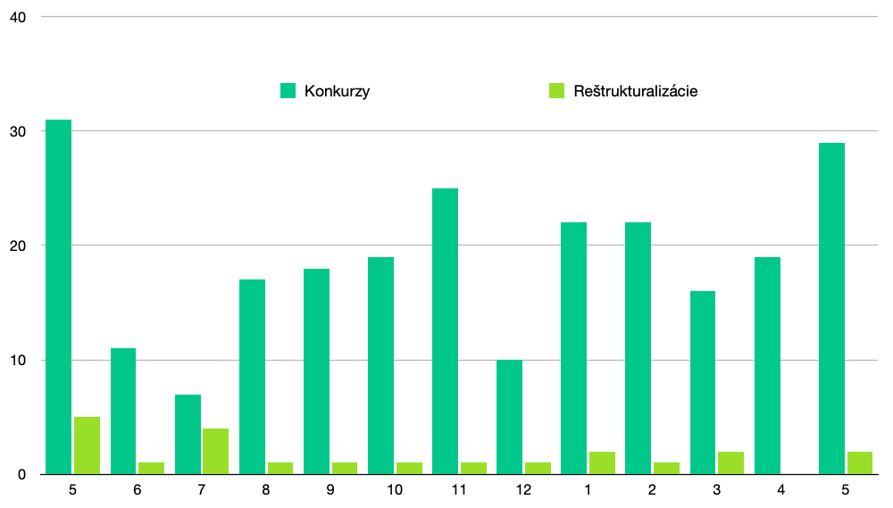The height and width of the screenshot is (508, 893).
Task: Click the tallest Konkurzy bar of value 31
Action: pos(59,296)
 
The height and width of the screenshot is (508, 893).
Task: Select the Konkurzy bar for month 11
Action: pos(446,331)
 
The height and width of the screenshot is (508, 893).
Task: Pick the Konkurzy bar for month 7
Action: pos(188,434)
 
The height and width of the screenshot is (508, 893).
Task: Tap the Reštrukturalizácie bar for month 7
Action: pos(216,451)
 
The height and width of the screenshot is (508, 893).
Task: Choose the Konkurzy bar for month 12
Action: pos(510,417)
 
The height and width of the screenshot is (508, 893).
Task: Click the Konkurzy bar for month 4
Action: pos(768,366)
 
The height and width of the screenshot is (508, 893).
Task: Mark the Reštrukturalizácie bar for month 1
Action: pos(602,462)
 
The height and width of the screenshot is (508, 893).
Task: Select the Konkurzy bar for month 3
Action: pos(703,383)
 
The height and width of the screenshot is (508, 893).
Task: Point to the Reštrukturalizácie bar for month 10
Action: pos(409,468)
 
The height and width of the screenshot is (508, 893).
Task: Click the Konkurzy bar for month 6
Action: pos(123,412)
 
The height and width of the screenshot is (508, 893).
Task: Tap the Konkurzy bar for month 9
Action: pos(317,371)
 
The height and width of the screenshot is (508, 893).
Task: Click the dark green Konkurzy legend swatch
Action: pos(288,90)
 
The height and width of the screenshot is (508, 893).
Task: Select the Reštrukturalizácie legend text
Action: pos(636,91)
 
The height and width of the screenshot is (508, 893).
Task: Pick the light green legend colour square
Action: pos(557,90)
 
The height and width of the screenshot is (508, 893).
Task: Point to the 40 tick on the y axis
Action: pos(18,17)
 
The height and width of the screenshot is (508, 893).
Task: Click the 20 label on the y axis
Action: pos(18,246)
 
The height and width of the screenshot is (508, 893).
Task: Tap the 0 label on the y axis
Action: pos(21,475)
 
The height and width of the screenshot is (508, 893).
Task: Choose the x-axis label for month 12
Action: pos(523,490)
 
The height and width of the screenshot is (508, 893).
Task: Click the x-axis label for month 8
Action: pos(266,490)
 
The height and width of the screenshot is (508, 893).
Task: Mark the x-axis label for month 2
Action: pos(652,490)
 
